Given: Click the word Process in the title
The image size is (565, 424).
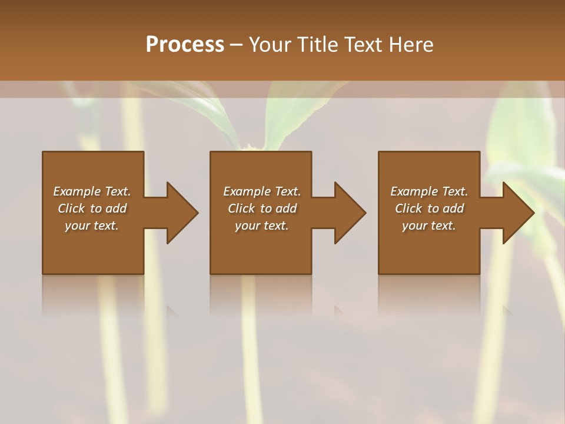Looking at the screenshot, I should point(185,45).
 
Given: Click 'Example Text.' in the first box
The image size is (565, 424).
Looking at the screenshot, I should point(92,191).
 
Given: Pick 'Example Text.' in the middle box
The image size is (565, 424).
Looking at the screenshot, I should point(261,191).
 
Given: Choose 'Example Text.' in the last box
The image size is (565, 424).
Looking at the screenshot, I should point(429,191).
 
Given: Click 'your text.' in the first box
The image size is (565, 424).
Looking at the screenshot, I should point(92,226).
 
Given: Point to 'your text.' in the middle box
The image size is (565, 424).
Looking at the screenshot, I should point(261,226).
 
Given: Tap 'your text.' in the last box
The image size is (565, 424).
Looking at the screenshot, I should point(429,226).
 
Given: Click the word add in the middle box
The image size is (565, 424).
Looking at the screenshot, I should point(286,208).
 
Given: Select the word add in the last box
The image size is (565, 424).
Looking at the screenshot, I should point(454,208).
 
